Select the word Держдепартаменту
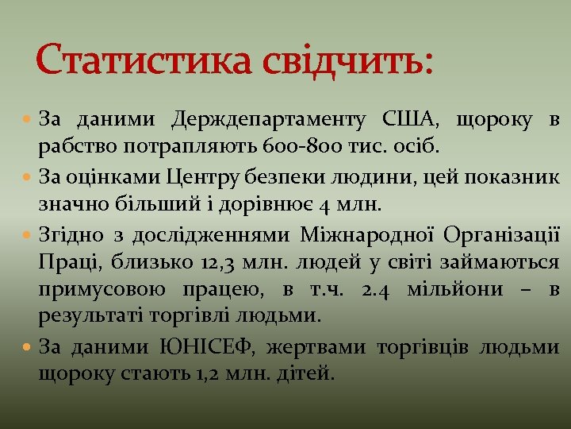tap(268, 121)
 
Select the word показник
tap(507, 176)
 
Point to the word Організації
tap(501, 235)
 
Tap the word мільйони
tap(455, 289)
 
